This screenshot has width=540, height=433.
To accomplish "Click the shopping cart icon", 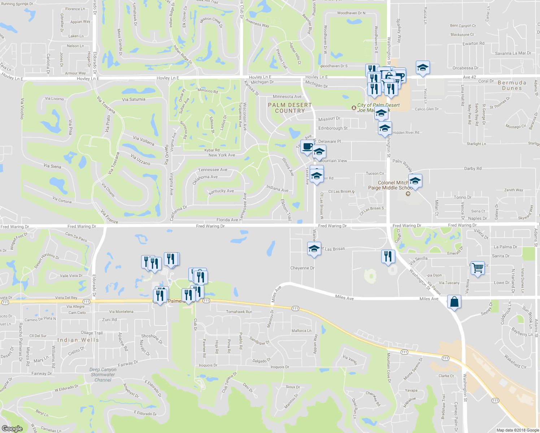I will tap(478, 268).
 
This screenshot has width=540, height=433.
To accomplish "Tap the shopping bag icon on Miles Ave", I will tap(454, 302).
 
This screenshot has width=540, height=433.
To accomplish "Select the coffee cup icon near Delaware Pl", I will tap(307, 147).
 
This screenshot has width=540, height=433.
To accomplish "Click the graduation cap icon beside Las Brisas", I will tap(314, 249).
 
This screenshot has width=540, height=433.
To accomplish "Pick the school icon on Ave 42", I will tap(423, 67).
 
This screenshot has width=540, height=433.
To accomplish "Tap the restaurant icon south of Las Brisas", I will tap(388, 257).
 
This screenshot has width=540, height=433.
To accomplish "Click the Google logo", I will tap(12, 429).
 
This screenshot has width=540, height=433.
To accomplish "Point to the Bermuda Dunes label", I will tap(512, 86).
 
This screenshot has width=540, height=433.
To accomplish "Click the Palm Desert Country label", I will tap(289, 108).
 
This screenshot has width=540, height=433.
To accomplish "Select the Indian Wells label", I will tap(78, 340).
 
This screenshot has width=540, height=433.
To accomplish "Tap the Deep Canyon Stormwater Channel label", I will tap(103, 375).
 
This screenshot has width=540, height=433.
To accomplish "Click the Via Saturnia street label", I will tap(134, 99).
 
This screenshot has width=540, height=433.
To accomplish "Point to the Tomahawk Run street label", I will tap(239, 312).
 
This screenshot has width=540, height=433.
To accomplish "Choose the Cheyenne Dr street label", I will tap(302, 268).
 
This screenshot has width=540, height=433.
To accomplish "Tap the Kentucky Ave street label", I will tap(221, 191).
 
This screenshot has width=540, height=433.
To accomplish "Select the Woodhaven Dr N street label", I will tap(351, 13).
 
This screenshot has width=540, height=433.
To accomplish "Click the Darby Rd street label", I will tap(472, 169).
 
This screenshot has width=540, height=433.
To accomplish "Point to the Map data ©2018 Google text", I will tap(518, 430).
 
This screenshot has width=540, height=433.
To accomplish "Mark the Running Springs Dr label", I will tap(17, 4).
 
